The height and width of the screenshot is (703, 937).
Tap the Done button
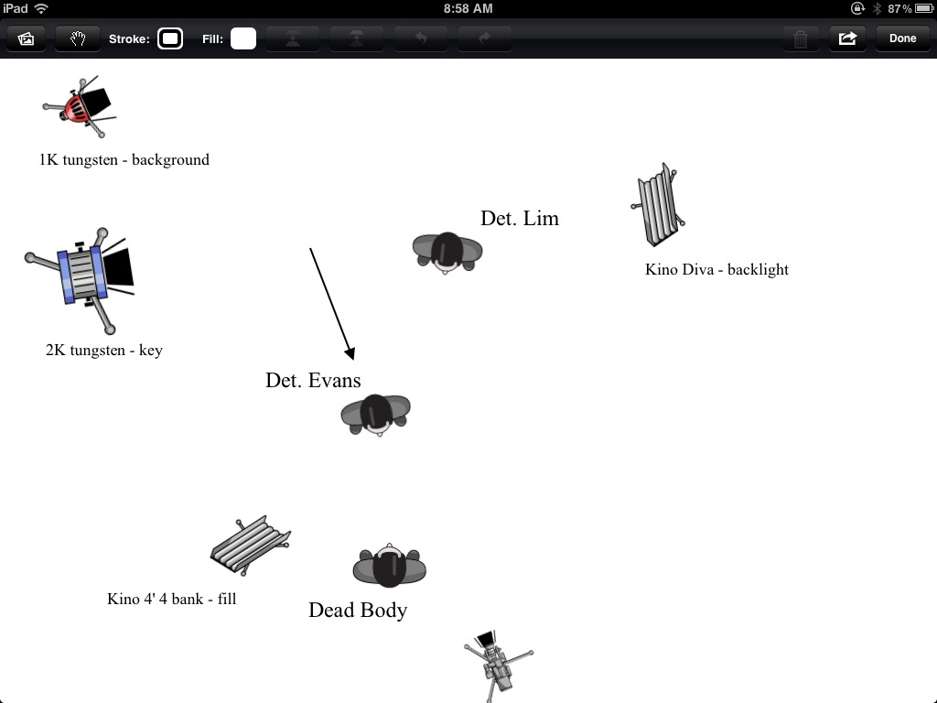pyautogui.click(x=902, y=38)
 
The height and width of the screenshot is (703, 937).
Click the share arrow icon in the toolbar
pyautogui.click(x=847, y=38)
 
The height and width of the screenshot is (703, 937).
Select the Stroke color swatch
pyautogui.click(x=170, y=38)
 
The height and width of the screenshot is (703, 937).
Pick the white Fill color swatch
pyautogui.click(x=242, y=38)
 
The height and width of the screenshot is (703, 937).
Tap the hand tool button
pyautogui.click(x=78, y=38)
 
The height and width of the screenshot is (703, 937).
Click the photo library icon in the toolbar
pyautogui.click(x=27, y=38)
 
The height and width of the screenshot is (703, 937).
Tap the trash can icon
pyautogui.click(x=801, y=38)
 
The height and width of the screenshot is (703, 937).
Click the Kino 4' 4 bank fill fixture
pyautogui.click(x=250, y=544)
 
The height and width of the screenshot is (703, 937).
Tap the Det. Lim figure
pyautogui.click(x=447, y=252)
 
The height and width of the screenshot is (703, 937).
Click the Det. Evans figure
pyautogui.click(x=376, y=414)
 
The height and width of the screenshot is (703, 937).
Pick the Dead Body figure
pyautogui.click(x=390, y=566)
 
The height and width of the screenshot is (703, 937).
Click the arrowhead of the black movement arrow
pyautogui.click(x=349, y=353)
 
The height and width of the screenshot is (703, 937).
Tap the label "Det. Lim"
pyautogui.click(x=520, y=219)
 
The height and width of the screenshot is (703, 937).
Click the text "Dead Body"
pyautogui.click(x=358, y=611)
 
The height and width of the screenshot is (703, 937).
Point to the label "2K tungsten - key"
pyautogui.click(x=104, y=350)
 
